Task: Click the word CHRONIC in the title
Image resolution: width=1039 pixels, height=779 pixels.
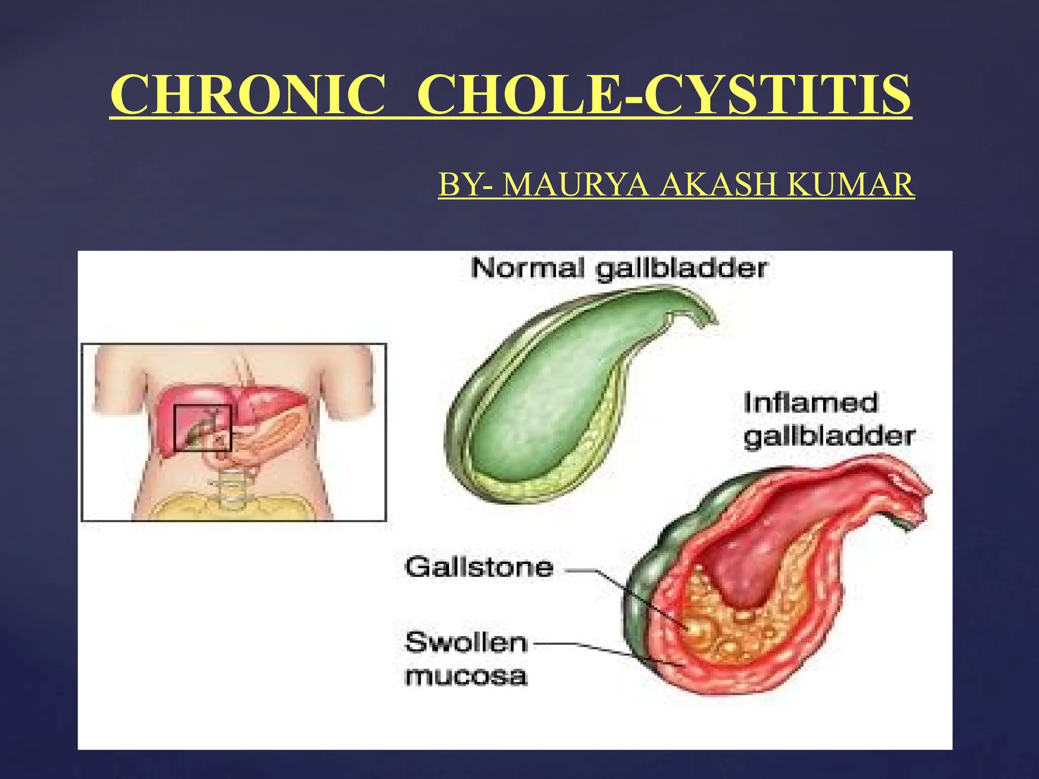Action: click(248, 95)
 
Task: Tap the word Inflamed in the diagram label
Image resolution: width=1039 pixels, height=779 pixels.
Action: click(811, 403)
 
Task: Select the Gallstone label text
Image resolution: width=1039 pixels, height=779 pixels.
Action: click(479, 567)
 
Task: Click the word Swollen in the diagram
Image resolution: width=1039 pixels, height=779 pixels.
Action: click(466, 643)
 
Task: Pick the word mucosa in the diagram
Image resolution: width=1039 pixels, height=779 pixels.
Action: click(466, 677)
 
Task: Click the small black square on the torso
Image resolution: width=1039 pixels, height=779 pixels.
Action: click(202, 428)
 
